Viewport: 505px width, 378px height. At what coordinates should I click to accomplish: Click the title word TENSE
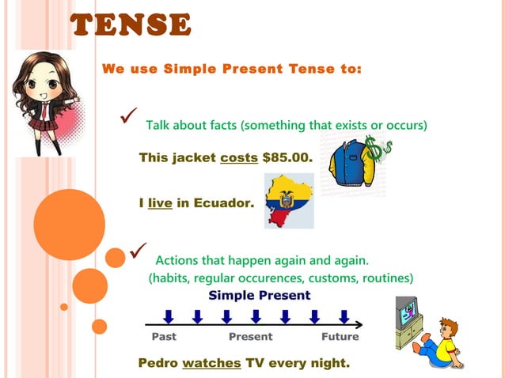coord(131,25)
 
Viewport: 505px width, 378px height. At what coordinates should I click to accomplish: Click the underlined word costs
coord(238,158)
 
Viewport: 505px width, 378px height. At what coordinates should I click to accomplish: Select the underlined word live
coord(160,203)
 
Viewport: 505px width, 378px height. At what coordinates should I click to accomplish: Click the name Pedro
coord(158,364)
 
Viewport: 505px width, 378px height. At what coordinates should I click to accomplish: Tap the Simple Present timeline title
coord(259,295)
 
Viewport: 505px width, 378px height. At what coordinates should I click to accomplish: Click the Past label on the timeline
coord(164,337)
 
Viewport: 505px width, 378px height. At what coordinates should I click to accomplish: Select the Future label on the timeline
coord(340,337)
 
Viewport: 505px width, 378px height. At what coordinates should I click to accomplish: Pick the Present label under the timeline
coord(250,337)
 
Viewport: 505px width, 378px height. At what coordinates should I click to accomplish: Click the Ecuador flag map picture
coord(289,201)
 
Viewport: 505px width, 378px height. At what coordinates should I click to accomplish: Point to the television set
coord(408,316)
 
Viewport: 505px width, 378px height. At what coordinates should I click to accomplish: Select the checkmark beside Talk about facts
coord(128,117)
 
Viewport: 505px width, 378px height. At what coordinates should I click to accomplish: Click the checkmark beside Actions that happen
coord(138,251)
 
